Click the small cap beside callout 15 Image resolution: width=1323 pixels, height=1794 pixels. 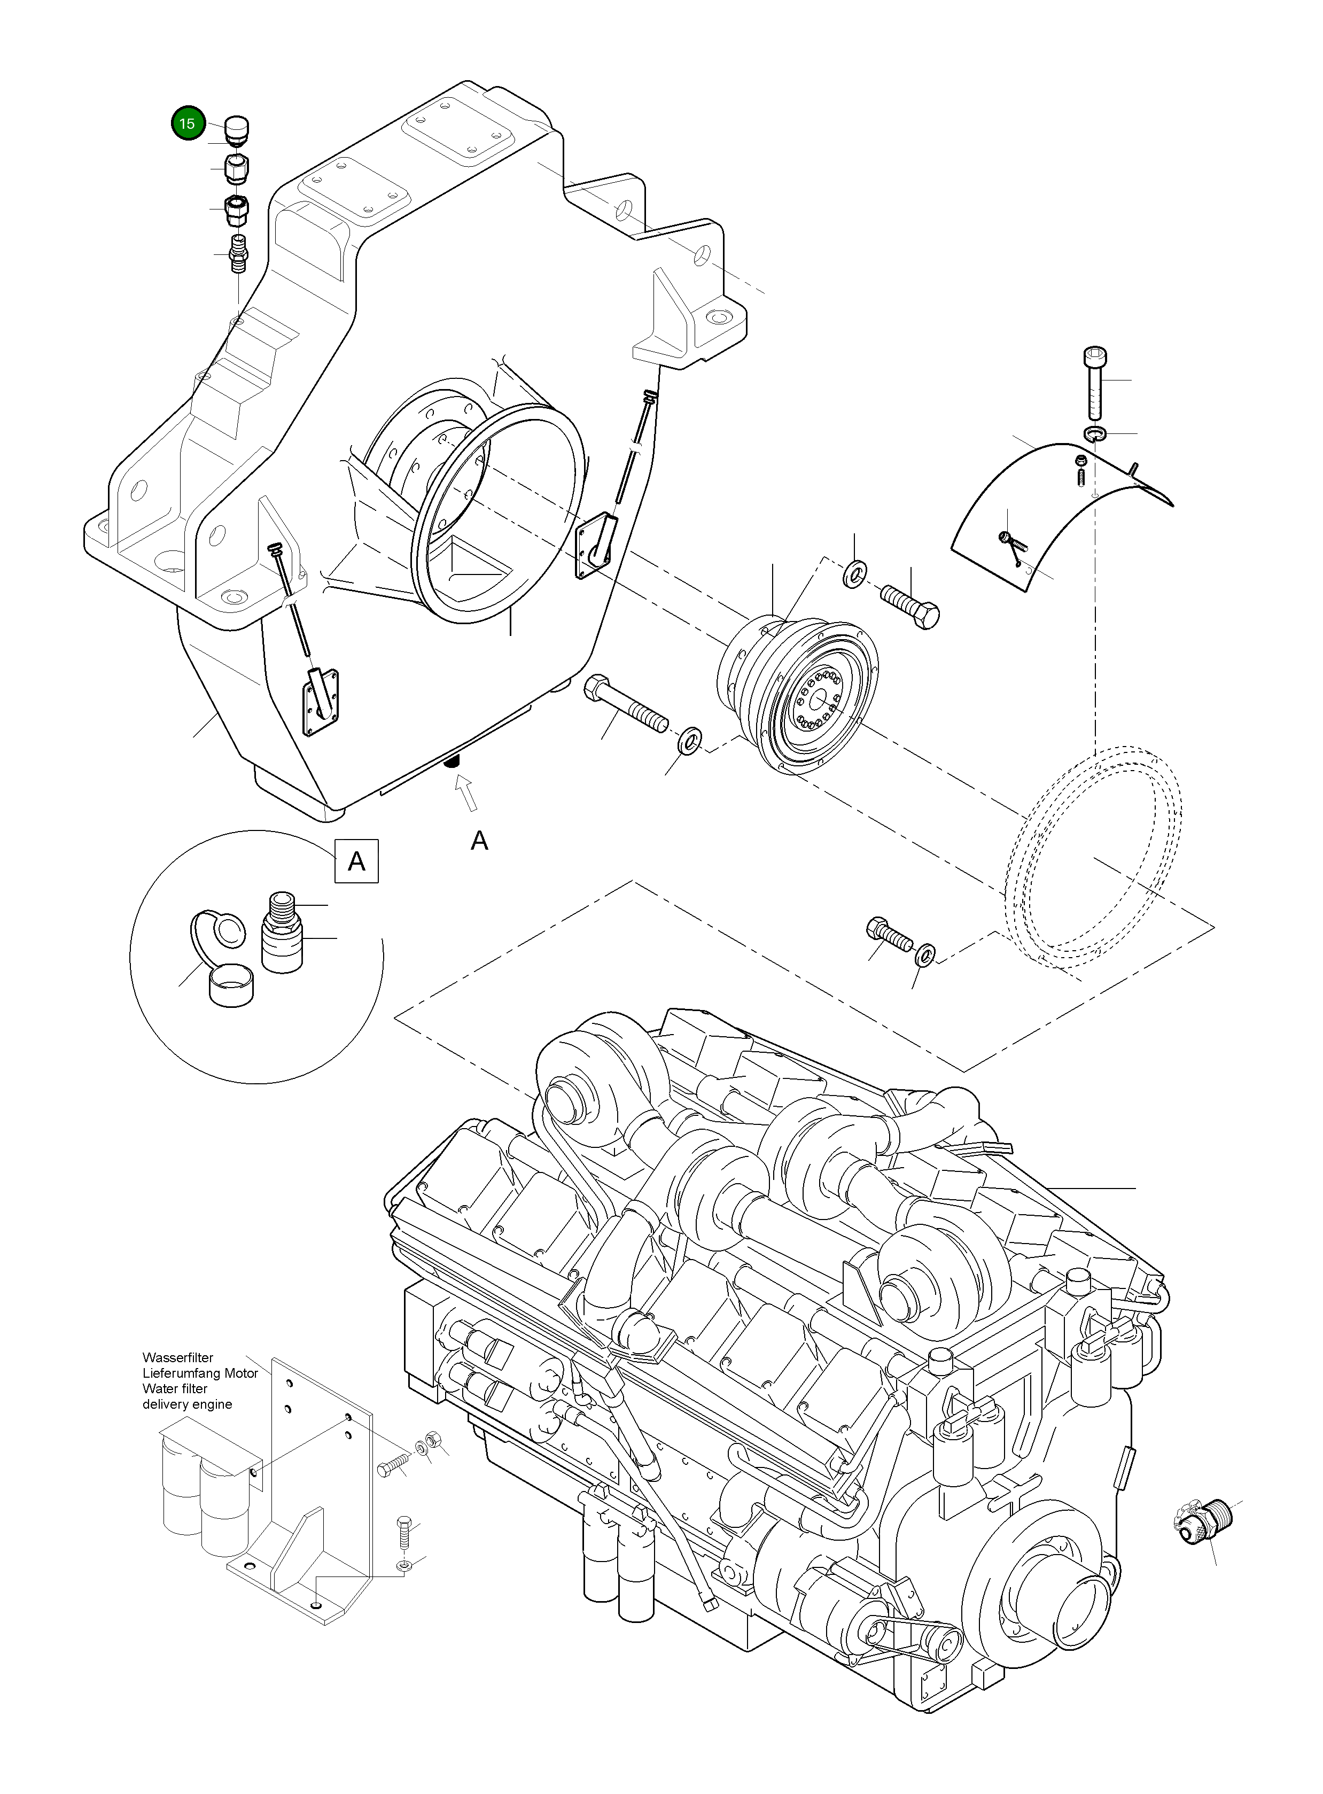237,129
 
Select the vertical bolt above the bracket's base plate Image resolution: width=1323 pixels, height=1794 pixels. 403,1534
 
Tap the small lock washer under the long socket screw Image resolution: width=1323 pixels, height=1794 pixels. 1095,434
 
